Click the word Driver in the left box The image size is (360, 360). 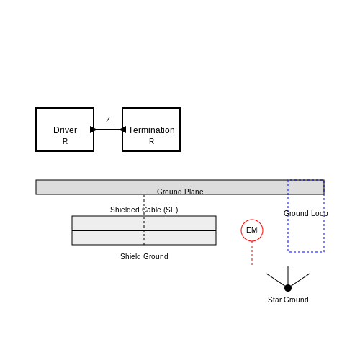click(65, 130)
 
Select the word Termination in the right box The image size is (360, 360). click(151, 130)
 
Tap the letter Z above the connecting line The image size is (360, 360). click(108, 120)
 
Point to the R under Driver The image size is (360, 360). click(65, 141)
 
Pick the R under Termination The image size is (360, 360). click(151, 141)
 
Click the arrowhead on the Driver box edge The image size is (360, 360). click(93, 130)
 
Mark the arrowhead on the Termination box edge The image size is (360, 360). click(123, 130)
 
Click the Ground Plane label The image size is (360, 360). click(180, 192)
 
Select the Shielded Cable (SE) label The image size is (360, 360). click(144, 210)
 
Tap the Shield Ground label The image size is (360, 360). click(144, 256)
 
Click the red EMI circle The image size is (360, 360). click(252, 220)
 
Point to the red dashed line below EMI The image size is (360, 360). click(252, 253)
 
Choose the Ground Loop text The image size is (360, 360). click(305, 213)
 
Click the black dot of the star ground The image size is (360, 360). click(288, 288)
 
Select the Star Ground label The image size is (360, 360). click(288, 300)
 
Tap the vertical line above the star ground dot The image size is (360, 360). click(288, 275)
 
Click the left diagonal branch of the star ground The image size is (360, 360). click(276, 280)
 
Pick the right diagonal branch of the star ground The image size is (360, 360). click(300, 280)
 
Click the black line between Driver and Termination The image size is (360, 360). click(108, 130)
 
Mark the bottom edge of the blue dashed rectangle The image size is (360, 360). click(306, 252)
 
